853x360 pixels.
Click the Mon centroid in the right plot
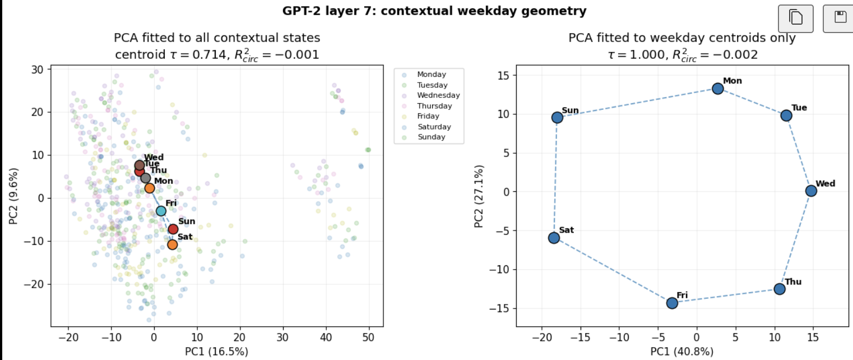(718, 89)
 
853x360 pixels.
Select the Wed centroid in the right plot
(811, 191)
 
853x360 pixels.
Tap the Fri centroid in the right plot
(672, 303)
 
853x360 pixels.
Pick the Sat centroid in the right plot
(554, 238)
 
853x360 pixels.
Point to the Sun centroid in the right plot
(557, 118)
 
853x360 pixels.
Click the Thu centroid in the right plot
(780, 289)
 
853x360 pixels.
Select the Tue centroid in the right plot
(786, 116)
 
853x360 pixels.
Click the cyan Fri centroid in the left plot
(161, 211)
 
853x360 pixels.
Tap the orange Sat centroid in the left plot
(173, 244)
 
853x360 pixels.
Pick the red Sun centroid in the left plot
(173, 229)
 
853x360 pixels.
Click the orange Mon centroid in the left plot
(150, 188)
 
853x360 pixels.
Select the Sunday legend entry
(424, 137)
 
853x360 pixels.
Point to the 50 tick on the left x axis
(368, 338)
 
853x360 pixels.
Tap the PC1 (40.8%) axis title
(682, 351)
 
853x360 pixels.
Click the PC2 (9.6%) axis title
(13, 196)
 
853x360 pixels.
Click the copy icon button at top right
(796, 19)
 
